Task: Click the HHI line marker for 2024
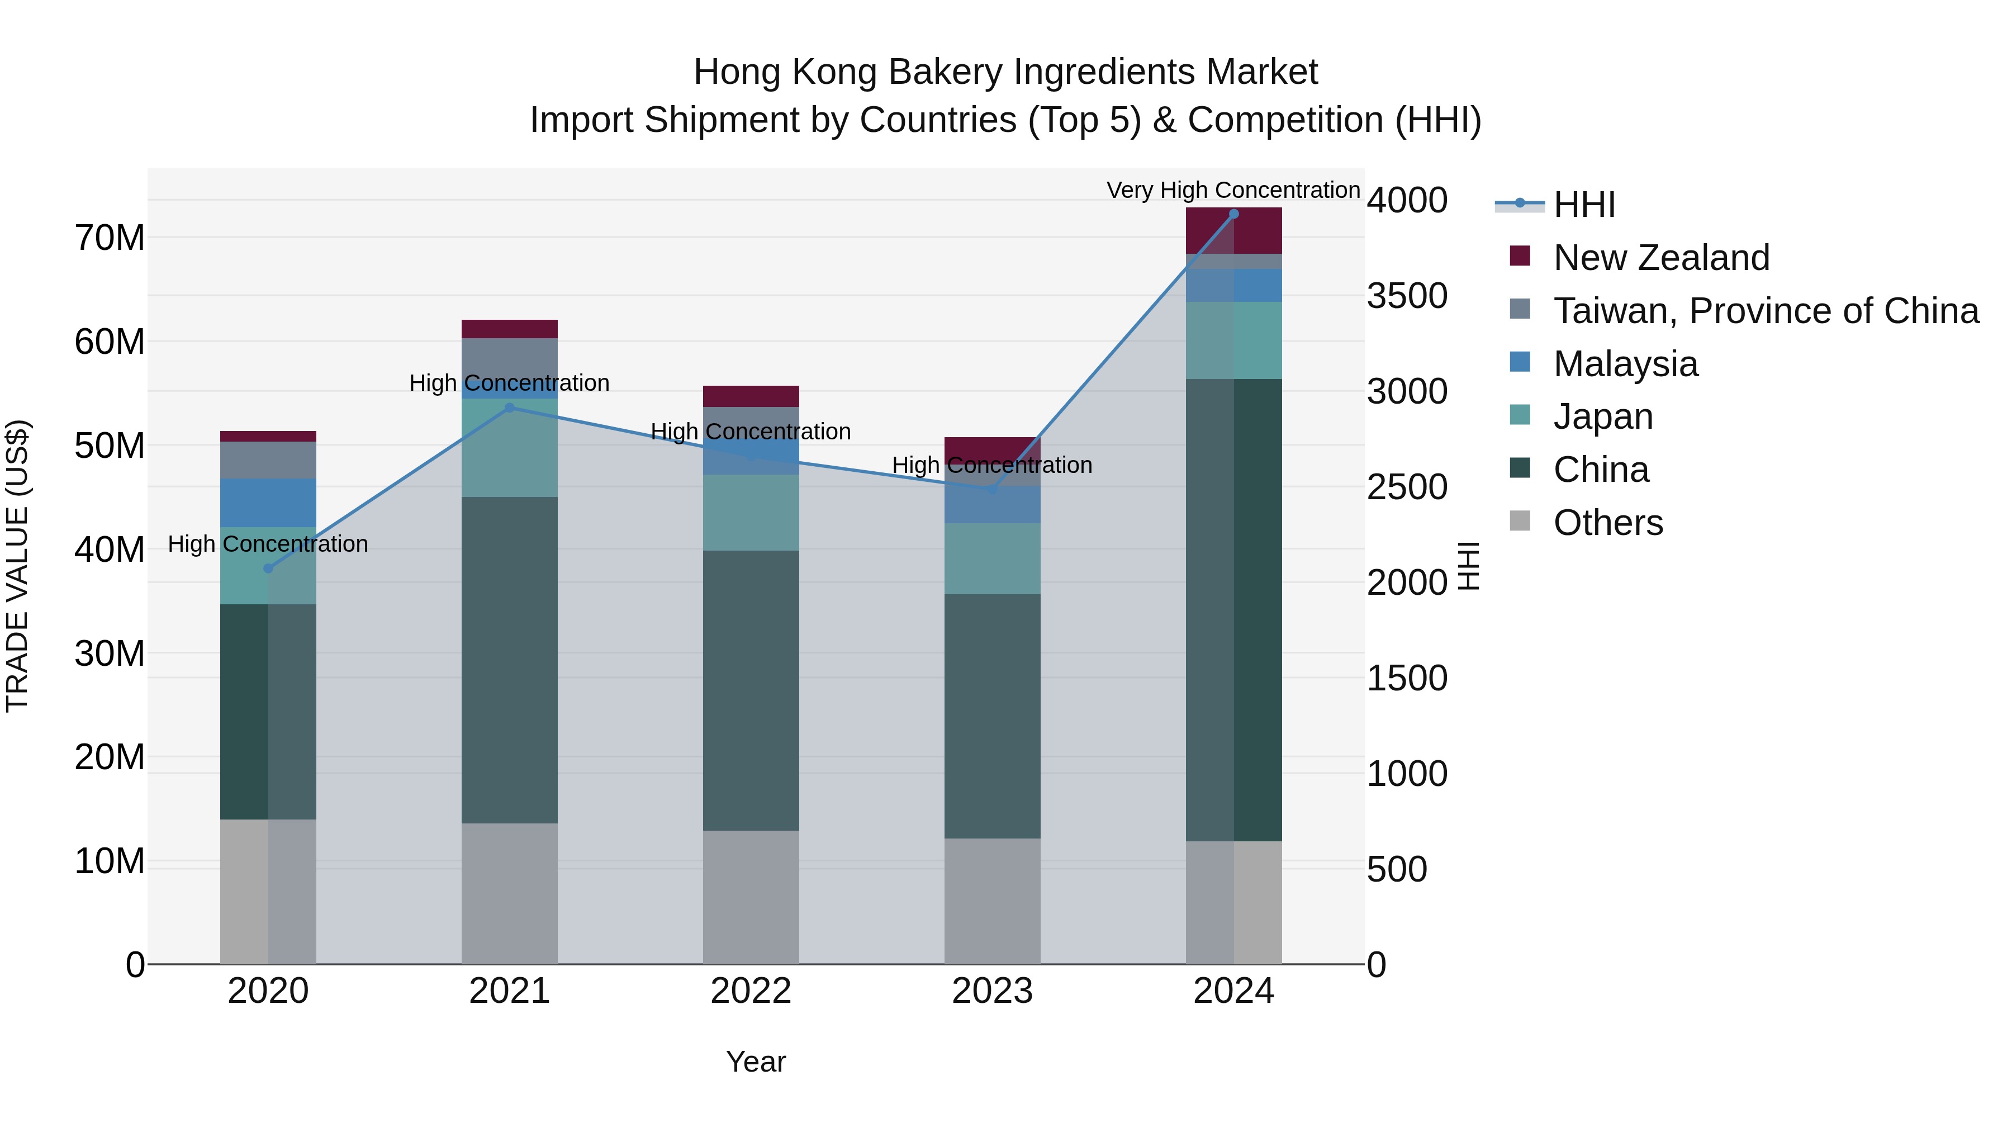(x=1233, y=214)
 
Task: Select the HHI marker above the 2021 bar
(x=509, y=408)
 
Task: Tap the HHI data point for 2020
(x=268, y=569)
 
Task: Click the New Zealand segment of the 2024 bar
(x=1233, y=231)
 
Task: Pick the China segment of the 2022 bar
(x=751, y=690)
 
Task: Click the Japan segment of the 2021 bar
(x=509, y=448)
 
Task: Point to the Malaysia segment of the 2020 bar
(x=268, y=503)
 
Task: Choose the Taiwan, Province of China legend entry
(x=1765, y=311)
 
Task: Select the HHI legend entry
(x=1583, y=205)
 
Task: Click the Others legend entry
(x=1607, y=523)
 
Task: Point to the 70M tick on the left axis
(x=110, y=238)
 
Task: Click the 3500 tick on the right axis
(x=1407, y=296)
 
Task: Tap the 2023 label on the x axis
(x=992, y=991)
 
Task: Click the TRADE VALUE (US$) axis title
(x=18, y=566)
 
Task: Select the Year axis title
(x=755, y=1062)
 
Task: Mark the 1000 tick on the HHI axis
(x=1407, y=774)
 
